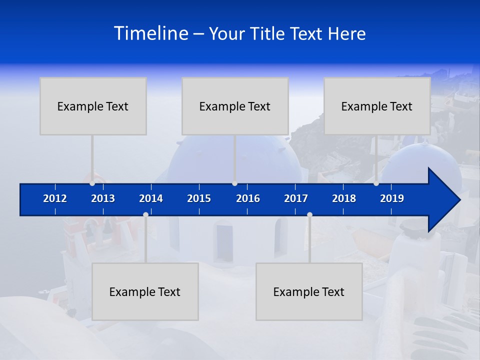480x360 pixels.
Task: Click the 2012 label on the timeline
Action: [55, 198]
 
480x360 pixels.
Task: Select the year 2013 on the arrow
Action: [103, 198]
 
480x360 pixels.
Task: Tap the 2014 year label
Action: [151, 198]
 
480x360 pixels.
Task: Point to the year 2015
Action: [199, 198]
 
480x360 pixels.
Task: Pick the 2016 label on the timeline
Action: [248, 198]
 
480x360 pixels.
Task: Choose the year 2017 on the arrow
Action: [296, 198]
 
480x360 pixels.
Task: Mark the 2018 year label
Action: [344, 198]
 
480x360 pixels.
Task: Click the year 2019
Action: [392, 198]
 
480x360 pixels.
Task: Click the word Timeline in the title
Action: [150, 33]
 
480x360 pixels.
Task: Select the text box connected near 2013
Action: [93, 106]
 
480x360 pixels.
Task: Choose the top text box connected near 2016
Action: [235, 106]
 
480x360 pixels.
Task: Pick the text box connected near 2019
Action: [377, 106]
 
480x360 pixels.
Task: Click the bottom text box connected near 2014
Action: [145, 291]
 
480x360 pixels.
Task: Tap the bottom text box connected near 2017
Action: [309, 291]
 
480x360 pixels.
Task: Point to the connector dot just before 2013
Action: [92, 183]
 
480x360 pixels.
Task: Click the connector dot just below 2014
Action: [145, 214]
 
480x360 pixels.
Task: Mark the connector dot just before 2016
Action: [234, 183]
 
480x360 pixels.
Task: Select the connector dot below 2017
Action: [309, 214]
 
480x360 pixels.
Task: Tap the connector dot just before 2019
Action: [376, 183]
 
